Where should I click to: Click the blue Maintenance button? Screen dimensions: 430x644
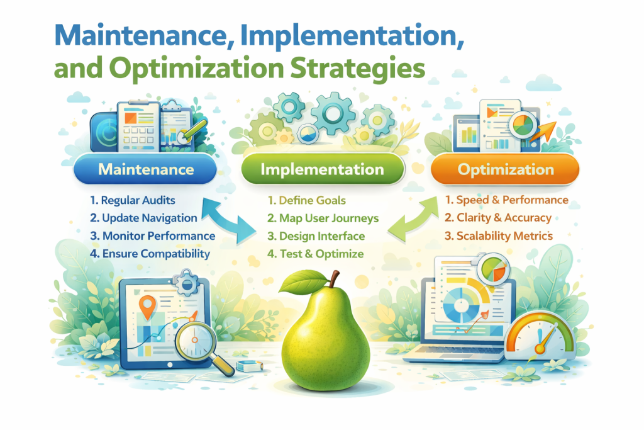[x=145, y=169]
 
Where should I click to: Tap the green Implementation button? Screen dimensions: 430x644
[x=321, y=169]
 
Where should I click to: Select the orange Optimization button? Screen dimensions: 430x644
[x=505, y=169]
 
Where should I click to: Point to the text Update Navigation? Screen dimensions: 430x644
[x=143, y=218]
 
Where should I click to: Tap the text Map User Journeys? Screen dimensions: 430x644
[x=322, y=218]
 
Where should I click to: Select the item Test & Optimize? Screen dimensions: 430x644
[x=314, y=254]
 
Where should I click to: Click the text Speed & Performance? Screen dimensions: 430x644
[x=506, y=200]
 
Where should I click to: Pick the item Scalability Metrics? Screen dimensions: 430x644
[x=499, y=236]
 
